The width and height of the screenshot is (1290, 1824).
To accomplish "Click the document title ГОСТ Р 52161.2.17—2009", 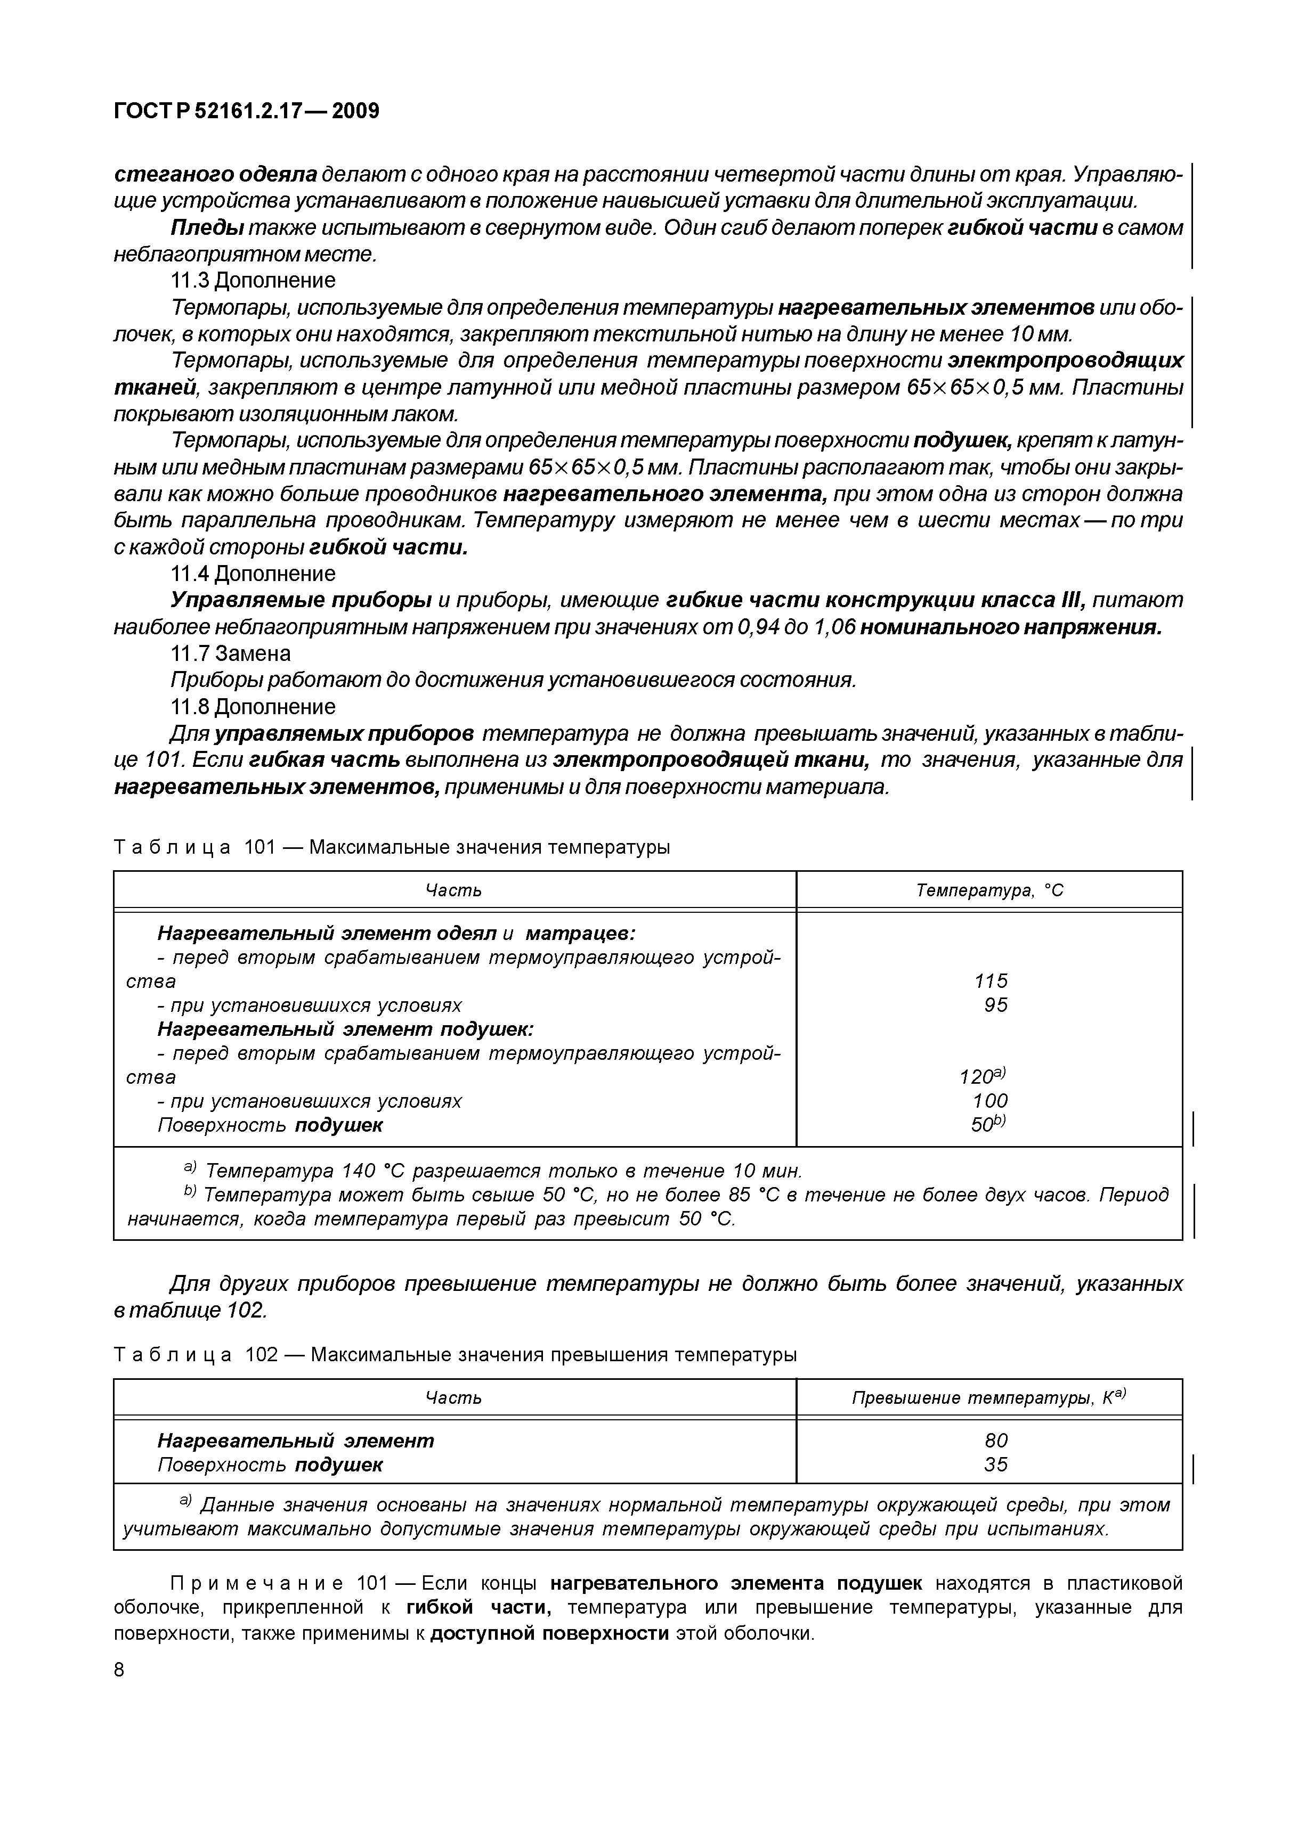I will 246,111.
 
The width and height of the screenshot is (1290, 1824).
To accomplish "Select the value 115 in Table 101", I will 991,981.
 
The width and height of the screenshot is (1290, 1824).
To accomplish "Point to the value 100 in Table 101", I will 991,1101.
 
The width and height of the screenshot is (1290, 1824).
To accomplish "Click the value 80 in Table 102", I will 995,1440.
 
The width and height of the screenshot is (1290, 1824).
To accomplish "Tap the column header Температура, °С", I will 989,890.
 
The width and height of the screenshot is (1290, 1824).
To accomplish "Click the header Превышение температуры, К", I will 989,1397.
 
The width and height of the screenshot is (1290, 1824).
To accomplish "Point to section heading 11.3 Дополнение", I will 253,281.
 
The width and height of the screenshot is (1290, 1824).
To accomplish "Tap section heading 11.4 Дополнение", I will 253,573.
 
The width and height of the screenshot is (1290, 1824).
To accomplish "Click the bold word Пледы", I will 207,228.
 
